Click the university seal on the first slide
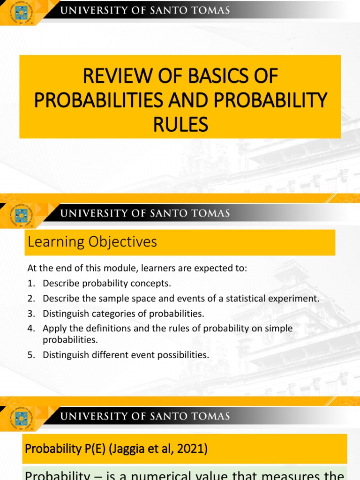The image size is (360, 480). [x=21, y=12]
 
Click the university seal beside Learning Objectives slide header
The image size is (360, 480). [x=21, y=216]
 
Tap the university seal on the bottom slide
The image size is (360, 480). [x=21, y=418]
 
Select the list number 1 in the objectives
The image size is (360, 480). [x=30, y=284]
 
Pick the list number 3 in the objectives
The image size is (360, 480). [x=30, y=314]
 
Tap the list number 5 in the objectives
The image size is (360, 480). [x=30, y=355]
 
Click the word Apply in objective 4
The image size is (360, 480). [x=53, y=329]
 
